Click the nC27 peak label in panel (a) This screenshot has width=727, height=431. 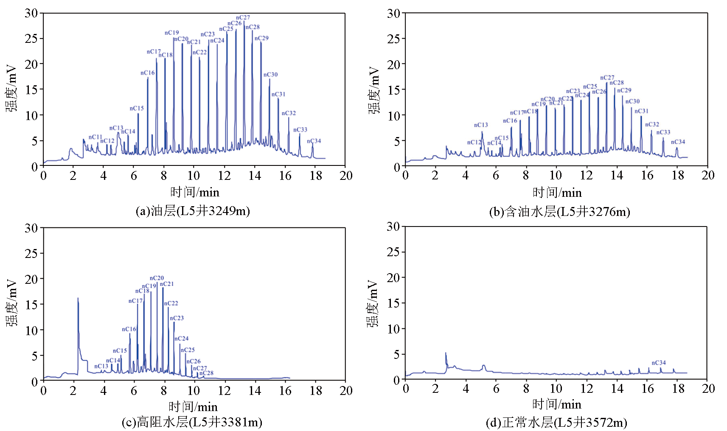tap(243, 17)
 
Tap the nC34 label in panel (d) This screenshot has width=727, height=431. tap(659, 363)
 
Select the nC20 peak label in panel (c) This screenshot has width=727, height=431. tap(157, 278)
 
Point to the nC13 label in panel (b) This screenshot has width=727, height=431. tap(481, 125)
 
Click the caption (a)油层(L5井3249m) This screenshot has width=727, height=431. tap(193, 211)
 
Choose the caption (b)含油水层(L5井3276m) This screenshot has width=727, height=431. tap(559, 212)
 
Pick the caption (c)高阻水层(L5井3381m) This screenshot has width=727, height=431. tap(192, 422)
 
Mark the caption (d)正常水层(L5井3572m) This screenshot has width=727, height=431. tap(556, 423)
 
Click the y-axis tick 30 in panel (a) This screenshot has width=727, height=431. tap(31, 13)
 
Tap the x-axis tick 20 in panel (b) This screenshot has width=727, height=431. tap(708, 175)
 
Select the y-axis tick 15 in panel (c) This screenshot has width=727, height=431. tap(31, 305)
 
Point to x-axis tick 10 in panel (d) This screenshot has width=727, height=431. tap(556, 389)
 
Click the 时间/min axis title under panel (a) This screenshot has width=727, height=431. tap(195, 192)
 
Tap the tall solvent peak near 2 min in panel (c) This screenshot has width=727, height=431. tap(78, 301)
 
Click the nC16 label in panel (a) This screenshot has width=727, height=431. tap(148, 73)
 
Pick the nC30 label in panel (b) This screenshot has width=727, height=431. tap(632, 101)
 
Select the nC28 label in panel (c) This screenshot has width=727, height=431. tap(206, 373)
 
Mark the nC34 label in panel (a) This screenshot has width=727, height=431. tap(314, 141)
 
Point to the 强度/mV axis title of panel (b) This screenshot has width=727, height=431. tap(374, 90)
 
